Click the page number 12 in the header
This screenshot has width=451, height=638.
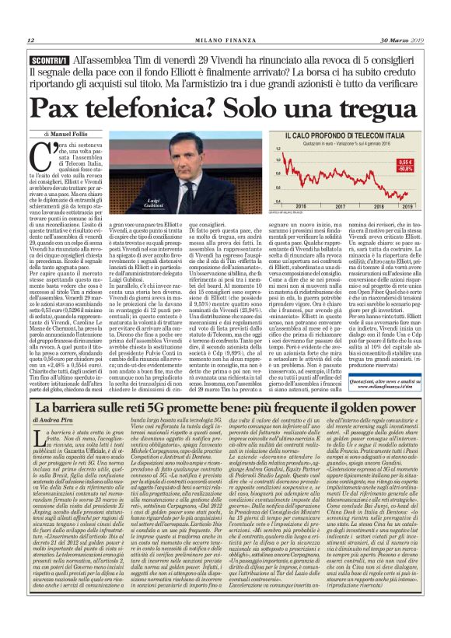tap(31, 40)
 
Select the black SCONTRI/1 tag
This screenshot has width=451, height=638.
tap(49, 59)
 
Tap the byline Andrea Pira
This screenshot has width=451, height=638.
tap(58, 421)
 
